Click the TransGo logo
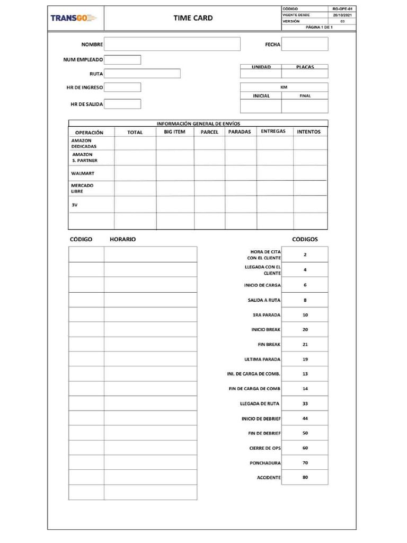pyautogui.click(x=74, y=18)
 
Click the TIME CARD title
pyautogui.click(x=193, y=18)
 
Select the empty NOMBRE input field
pyautogui.click(x=172, y=44)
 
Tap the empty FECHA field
pyautogui.click(x=304, y=44)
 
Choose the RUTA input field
pyautogui.click(x=142, y=74)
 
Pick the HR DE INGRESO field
pyautogui.click(x=122, y=87)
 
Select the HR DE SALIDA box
pyautogui.click(x=122, y=104)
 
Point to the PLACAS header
pyautogui.click(x=305, y=67)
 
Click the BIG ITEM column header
pyautogui.click(x=174, y=132)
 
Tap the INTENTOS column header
pyautogui.click(x=308, y=132)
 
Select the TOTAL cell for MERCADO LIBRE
pyautogui.click(x=135, y=188)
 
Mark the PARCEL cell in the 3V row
pyautogui.click(x=209, y=204)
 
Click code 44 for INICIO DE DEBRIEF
pyautogui.click(x=305, y=418)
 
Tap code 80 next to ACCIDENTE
pyautogui.click(x=305, y=477)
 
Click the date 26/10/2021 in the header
pyautogui.click(x=342, y=15)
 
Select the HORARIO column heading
pyautogui.click(x=122, y=239)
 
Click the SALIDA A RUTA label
pyautogui.click(x=264, y=300)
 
